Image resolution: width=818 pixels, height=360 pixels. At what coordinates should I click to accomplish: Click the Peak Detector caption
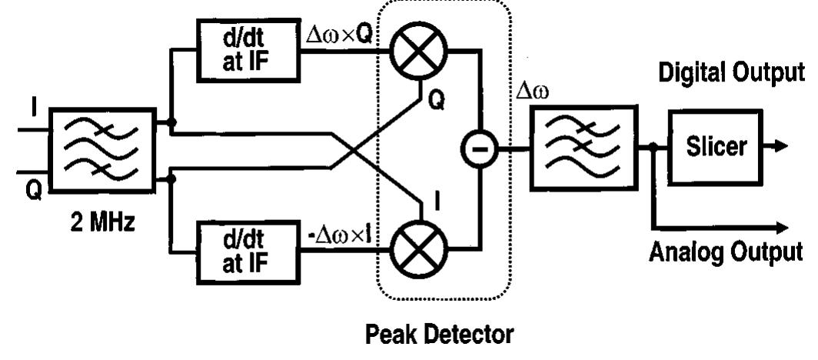pyautogui.click(x=440, y=335)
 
